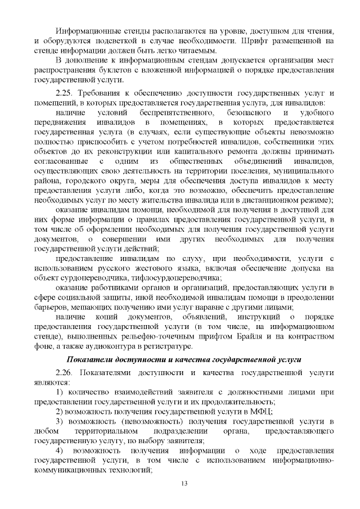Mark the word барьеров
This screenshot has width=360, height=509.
pyautogui.click(x=52, y=307)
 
